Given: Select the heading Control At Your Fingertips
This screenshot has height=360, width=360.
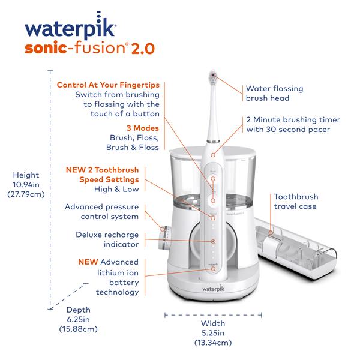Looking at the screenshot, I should [x=108, y=85].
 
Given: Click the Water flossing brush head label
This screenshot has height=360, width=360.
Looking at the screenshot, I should [x=274, y=93].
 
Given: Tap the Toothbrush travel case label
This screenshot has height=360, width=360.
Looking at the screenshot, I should [x=296, y=202].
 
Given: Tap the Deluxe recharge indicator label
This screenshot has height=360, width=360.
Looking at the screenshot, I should [x=107, y=239].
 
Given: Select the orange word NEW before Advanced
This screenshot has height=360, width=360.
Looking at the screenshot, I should [x=88, y=262].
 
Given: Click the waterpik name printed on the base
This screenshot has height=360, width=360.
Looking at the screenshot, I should [x=211, y=288].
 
